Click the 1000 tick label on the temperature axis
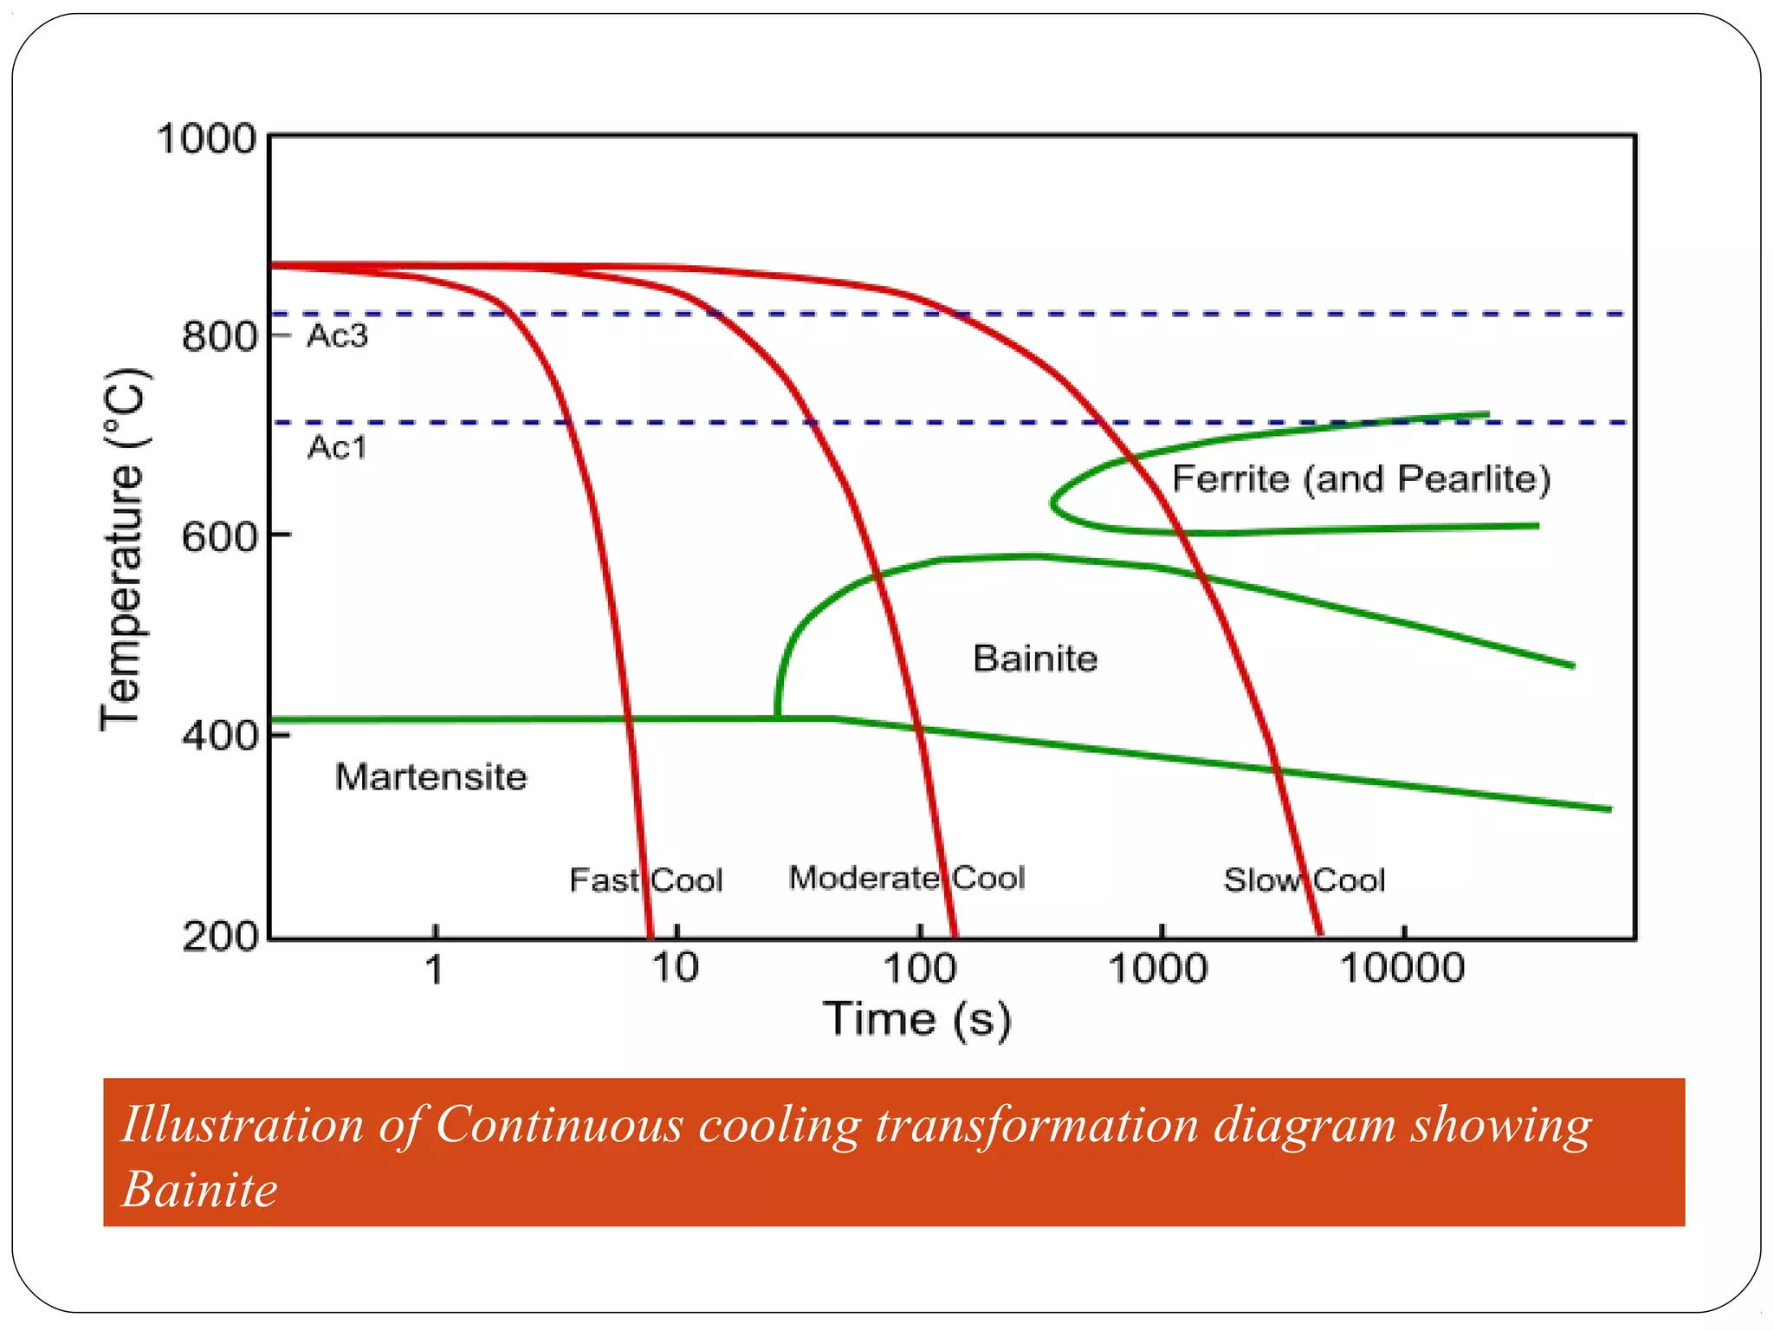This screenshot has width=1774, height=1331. (206, 139)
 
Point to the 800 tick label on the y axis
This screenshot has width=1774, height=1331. (219, 336)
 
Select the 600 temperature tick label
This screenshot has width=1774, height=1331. (219, 536)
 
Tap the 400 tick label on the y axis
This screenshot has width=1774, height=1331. (219, 736)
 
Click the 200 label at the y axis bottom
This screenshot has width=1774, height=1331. (219, 936)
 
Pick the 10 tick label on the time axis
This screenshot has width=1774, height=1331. (675, 968)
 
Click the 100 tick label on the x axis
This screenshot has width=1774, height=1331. (919, 968)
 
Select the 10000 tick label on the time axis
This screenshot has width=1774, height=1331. (1402, 968)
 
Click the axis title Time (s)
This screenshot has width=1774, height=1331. (916, 1019)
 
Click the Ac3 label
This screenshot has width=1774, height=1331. (337, 335)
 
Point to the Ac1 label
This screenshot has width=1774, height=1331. (337, 447)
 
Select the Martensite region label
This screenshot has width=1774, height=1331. (431, 776)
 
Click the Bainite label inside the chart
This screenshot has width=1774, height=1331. (1035, 659)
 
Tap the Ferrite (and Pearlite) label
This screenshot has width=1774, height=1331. (1361, 478)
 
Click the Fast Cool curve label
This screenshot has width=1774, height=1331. (645, 880)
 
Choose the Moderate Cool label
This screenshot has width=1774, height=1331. (906, 878)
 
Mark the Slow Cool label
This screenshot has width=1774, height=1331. (1304, 880)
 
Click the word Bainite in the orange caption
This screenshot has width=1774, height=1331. (199, 1189)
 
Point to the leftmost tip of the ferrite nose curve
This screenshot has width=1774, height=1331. (1052, 502)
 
